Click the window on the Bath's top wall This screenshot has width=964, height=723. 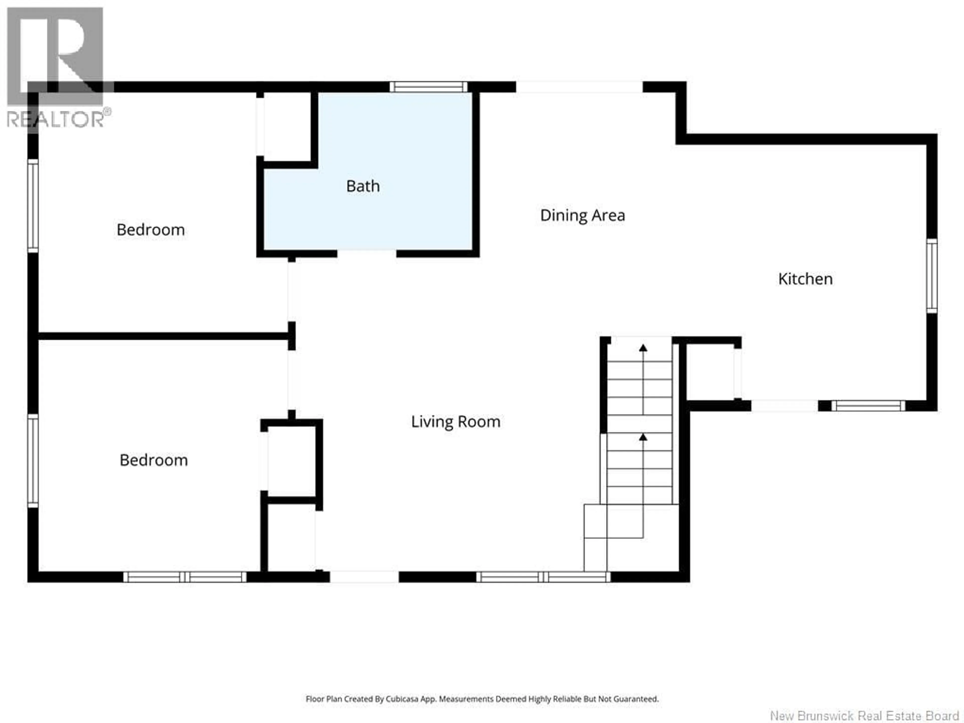click(x=428, y=87)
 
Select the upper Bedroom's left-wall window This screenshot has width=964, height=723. click(x=33, y=206)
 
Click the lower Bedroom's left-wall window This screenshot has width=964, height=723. click(x=33, y=461)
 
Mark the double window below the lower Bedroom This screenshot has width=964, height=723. click(x=185, y=577)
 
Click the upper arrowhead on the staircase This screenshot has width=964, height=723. click(x=643, y=347)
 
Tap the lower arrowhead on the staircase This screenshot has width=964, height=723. click(x=643, y=437)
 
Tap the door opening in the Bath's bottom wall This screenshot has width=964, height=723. click(x=367, y=254)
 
